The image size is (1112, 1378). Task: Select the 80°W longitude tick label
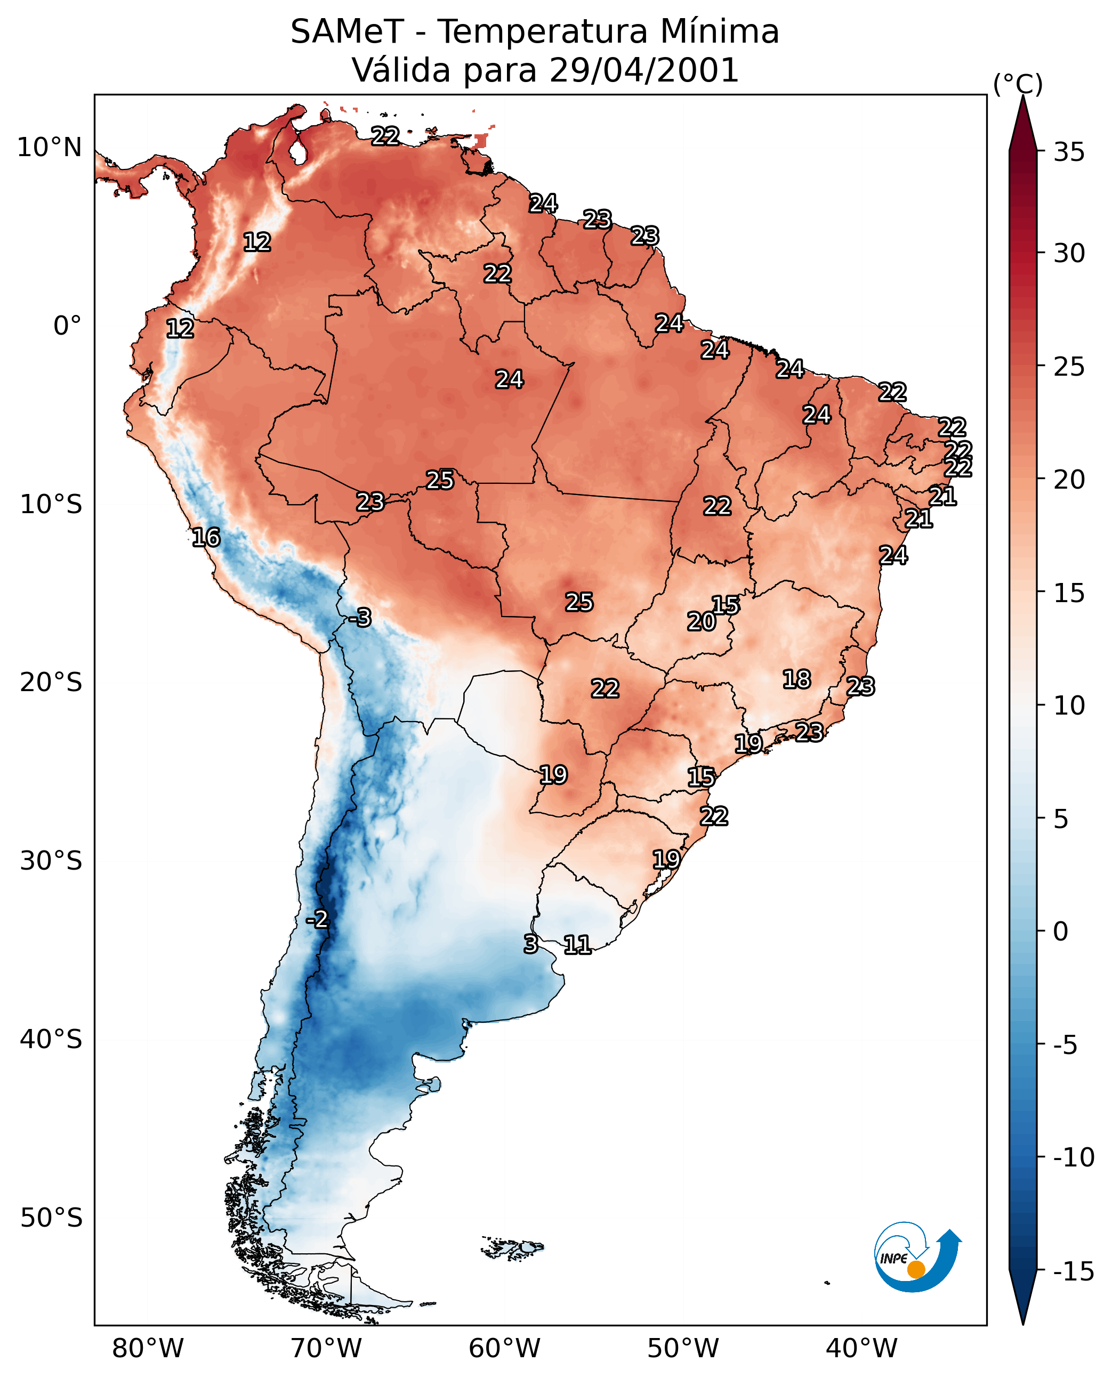coord(148,1348)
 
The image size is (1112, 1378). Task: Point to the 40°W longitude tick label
coord(861,1348)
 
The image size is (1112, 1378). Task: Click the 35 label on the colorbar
coord(1069,152)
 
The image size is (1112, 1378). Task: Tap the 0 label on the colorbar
coord(1061,931)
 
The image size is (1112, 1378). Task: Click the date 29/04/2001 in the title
coord(644,70)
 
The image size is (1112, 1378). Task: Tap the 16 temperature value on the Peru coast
coord(206,537)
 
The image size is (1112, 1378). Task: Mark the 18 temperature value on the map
coord(797,679)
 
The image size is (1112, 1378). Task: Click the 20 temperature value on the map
coord(702,621)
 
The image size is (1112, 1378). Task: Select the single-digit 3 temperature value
coord(530,944)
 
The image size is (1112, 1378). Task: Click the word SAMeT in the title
coord(347,31)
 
